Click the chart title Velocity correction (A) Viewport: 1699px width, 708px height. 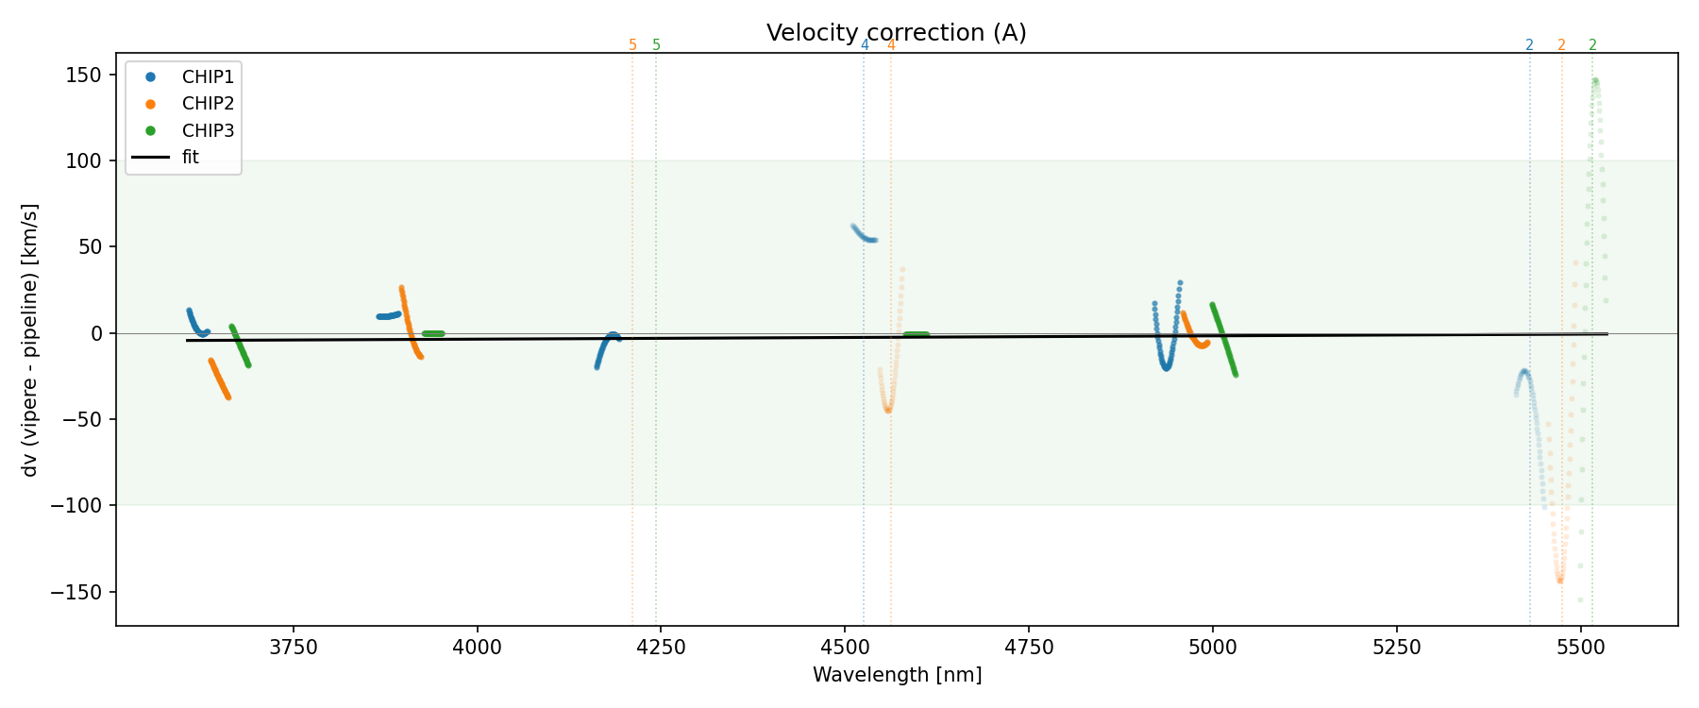point(896,33)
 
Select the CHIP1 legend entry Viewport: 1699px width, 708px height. point(208,76)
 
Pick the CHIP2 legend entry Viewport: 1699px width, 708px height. point(208,104)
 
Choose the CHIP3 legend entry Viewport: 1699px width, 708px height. point(208,131)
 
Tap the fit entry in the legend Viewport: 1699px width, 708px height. point(191,158)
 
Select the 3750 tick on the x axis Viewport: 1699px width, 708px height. point(294,648)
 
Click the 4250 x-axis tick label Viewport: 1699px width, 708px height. point(661,648)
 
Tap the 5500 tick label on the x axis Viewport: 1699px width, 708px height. point(1580,648)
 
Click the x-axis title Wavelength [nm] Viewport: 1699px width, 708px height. point(897,675)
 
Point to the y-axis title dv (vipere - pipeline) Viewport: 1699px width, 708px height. point(30,340)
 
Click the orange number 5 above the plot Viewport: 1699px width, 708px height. point(632,45)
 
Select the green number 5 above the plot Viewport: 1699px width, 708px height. point(656,45)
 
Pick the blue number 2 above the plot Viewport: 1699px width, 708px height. point(1529,45)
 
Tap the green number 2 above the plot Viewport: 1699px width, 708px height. point(1592,45)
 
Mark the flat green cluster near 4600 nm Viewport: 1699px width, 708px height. point(916,334)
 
